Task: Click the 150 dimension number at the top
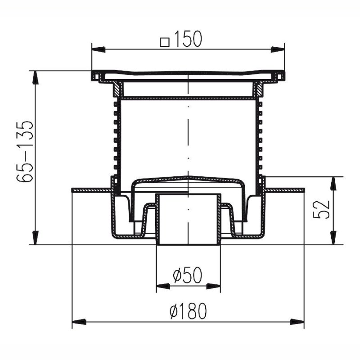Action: (x=188, y=39)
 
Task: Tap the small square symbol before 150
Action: (x=165, y=42)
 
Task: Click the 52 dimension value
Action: (x=322, y=210)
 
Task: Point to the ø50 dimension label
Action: (x=188, y=275)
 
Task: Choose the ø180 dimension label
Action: (x=188, y=311)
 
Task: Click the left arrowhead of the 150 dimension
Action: (x=99, y=49)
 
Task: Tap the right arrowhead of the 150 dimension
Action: (x=278, y=49)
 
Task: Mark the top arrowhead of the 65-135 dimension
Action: (x=35, y=78)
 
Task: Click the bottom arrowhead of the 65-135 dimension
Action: (x=35, y=238)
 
